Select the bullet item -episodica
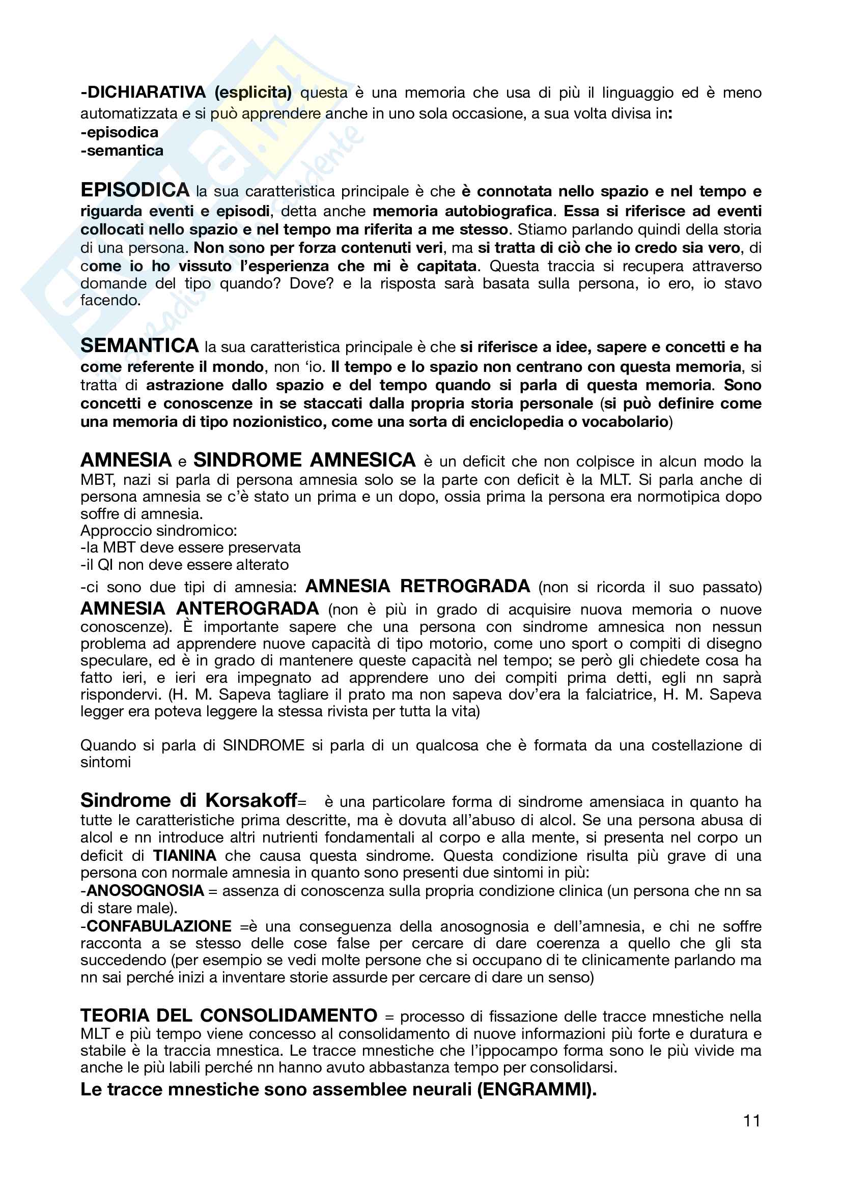click(120, 132)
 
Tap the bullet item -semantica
click(122, 150)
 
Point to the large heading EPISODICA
click(135, 190)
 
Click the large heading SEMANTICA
click(139, 345)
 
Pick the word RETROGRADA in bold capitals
click(465, 586)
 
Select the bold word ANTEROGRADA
click(248, 608)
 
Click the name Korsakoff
click(251, 800)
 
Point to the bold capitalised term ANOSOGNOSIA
click(145, 890)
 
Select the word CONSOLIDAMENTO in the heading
click(289, 1015)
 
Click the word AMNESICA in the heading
click(363, 460)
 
